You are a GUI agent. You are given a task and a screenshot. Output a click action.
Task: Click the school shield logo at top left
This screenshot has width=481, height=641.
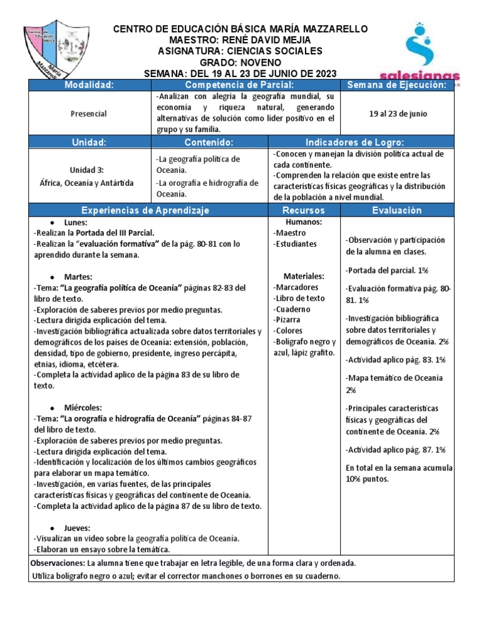pyautogui.click(x=56, y=49)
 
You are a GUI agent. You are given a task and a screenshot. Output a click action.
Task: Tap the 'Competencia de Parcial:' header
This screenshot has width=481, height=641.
pyautogui.click(x=245, y=85)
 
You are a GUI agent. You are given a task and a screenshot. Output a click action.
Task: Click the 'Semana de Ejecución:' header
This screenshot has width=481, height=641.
pyautogui.click(x=396, y=85)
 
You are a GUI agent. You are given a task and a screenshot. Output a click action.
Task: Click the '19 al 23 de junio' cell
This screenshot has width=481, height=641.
pyautogui.click(x=396, y=113)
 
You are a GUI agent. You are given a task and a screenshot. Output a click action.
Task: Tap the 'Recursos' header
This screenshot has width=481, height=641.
pyautogui.click(x=304, y=210)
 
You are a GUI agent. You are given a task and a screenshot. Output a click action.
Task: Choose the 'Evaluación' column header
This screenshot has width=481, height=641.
pyautogui.click(x=397, y=210)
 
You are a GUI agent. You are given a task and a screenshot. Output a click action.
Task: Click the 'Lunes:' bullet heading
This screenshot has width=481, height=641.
pyautogui.click(x=75, y=222)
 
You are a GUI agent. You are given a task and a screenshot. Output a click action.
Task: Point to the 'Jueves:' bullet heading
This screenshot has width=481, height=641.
pyautogui.click(x=77, y=528)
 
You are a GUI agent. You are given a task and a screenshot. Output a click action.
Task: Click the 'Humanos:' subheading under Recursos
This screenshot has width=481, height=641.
pyautogui.click(x=304, y=222)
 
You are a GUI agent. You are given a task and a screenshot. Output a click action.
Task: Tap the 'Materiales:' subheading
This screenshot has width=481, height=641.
pyautogui.click(x=304, y=275)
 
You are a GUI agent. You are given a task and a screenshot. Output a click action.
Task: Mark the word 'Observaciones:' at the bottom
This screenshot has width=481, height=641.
pyautogui.click(x=58, y=563)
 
